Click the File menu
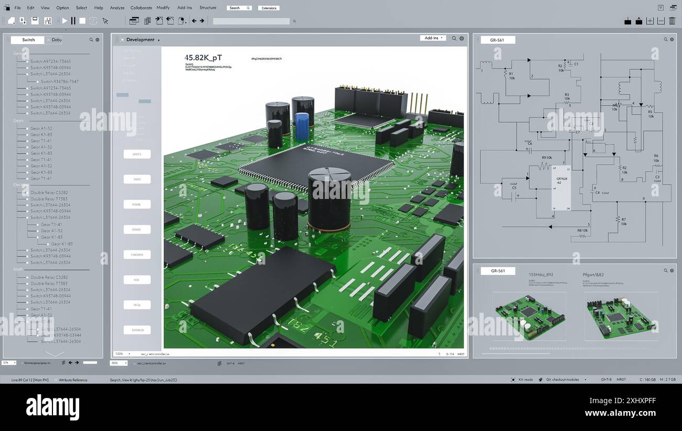[x=17, y=8]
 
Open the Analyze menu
[x=117, y=8]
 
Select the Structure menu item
[x=208, y=8]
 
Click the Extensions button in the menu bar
[x=269, y=8]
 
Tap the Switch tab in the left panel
[x=28, y=40]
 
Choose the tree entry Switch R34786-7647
[x=59, y=81]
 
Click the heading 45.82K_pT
[x=203, y=58]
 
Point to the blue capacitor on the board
[x=302, y=126]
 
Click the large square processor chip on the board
[x=315, y=165]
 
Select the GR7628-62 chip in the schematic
[x=561, y=187]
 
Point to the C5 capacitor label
[x=514, y=188]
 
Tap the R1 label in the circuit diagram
[x=511, y=74]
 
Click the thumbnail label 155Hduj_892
[x=540, y=275]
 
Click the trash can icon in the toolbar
[x=672, y=21]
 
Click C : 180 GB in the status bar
[x=647, y=380]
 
